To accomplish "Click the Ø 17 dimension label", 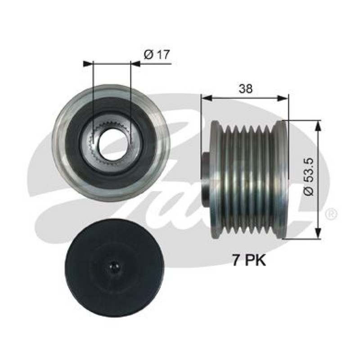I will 157,55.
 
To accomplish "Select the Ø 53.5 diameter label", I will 308,177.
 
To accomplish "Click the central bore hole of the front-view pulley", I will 111,144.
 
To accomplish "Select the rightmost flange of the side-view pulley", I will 282,180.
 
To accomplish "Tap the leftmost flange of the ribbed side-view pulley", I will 216,180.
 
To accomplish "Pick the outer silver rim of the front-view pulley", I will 60,144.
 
